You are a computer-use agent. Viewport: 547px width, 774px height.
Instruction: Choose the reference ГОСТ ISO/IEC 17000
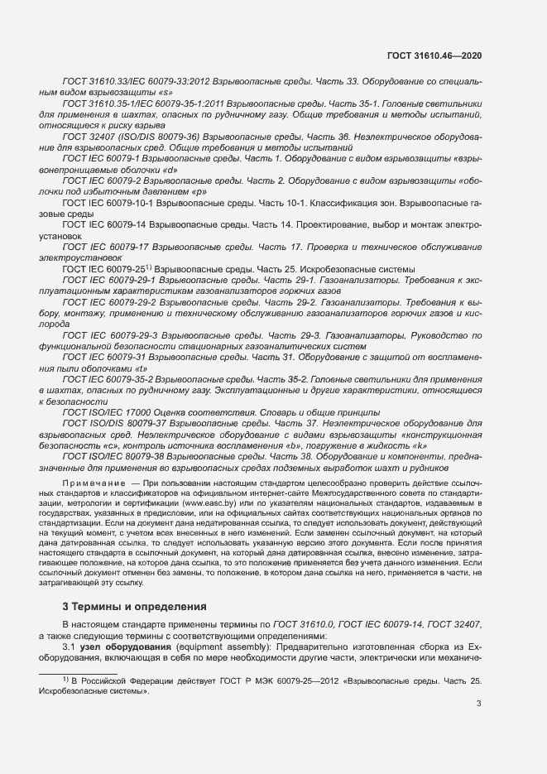click(108, 411)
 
